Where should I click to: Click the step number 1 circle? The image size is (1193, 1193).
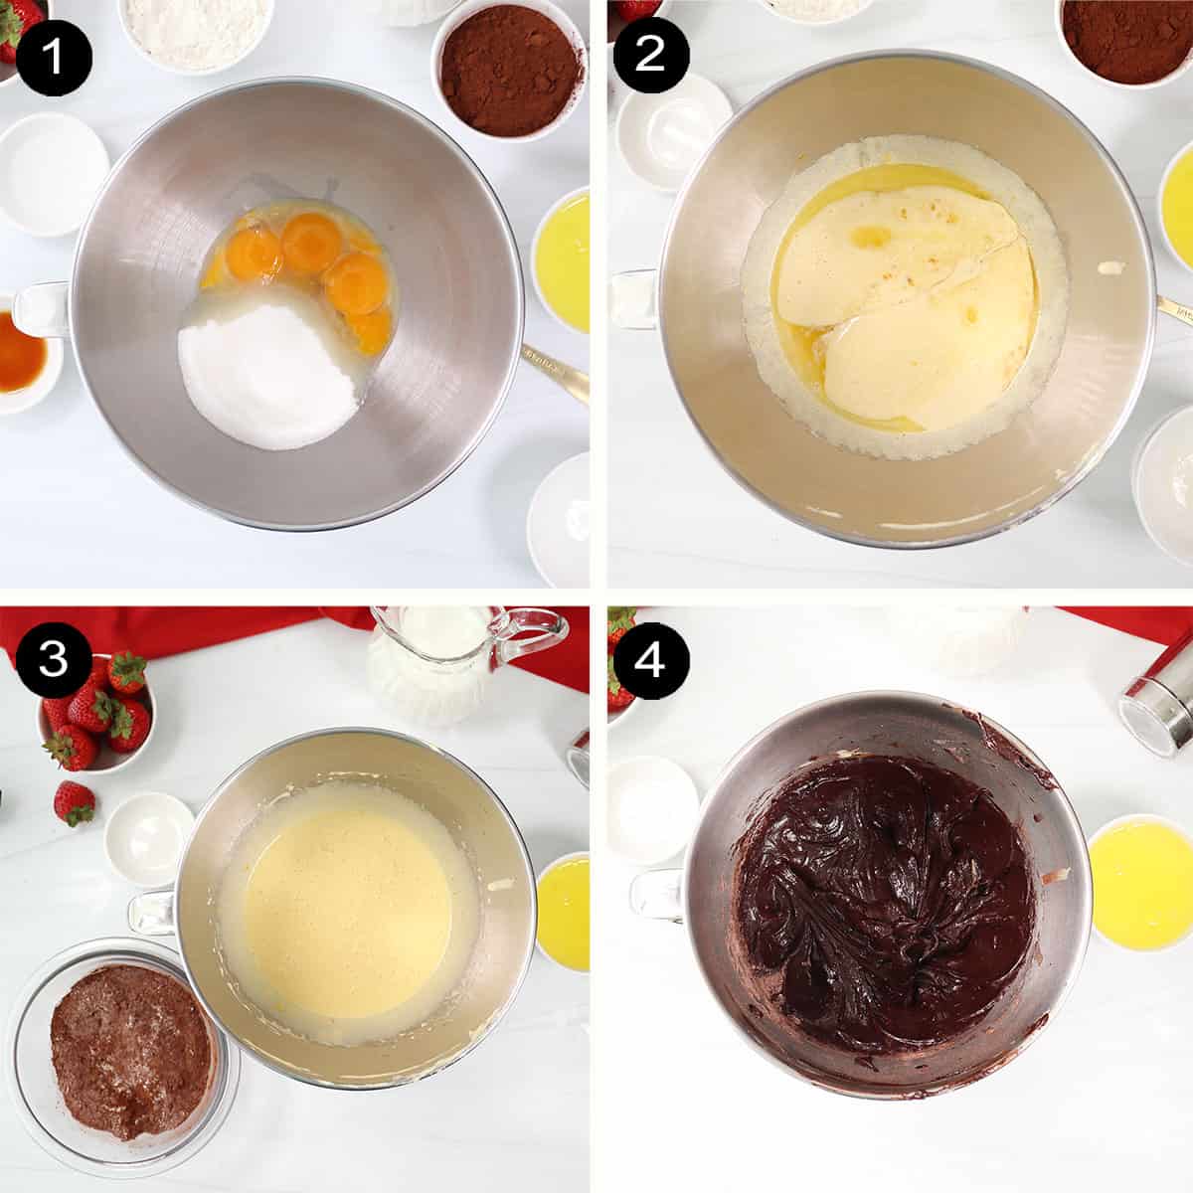tap(54, 55)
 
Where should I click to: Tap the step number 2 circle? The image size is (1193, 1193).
tap(650, 55)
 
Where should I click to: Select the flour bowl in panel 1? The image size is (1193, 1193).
tap(197, 30)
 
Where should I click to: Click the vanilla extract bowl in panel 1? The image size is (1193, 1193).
tap(22, 353)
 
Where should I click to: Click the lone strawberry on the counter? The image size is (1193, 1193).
tap(74, 801)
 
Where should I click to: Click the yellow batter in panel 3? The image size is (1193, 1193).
tap(348, 915)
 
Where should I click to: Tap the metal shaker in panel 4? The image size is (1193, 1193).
tap(1158, 696)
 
